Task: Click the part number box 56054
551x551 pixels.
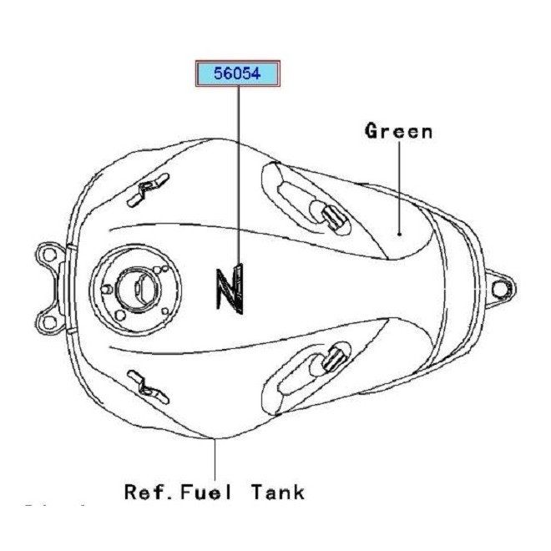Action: pos(238,74)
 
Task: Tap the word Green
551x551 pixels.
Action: pos(398,131)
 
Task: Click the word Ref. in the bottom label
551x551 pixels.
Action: pos(149,492)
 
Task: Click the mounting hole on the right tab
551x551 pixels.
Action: pos(500,288)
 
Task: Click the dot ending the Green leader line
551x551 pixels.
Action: pos(400,235)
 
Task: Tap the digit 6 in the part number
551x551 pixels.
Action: pos(228,74)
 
